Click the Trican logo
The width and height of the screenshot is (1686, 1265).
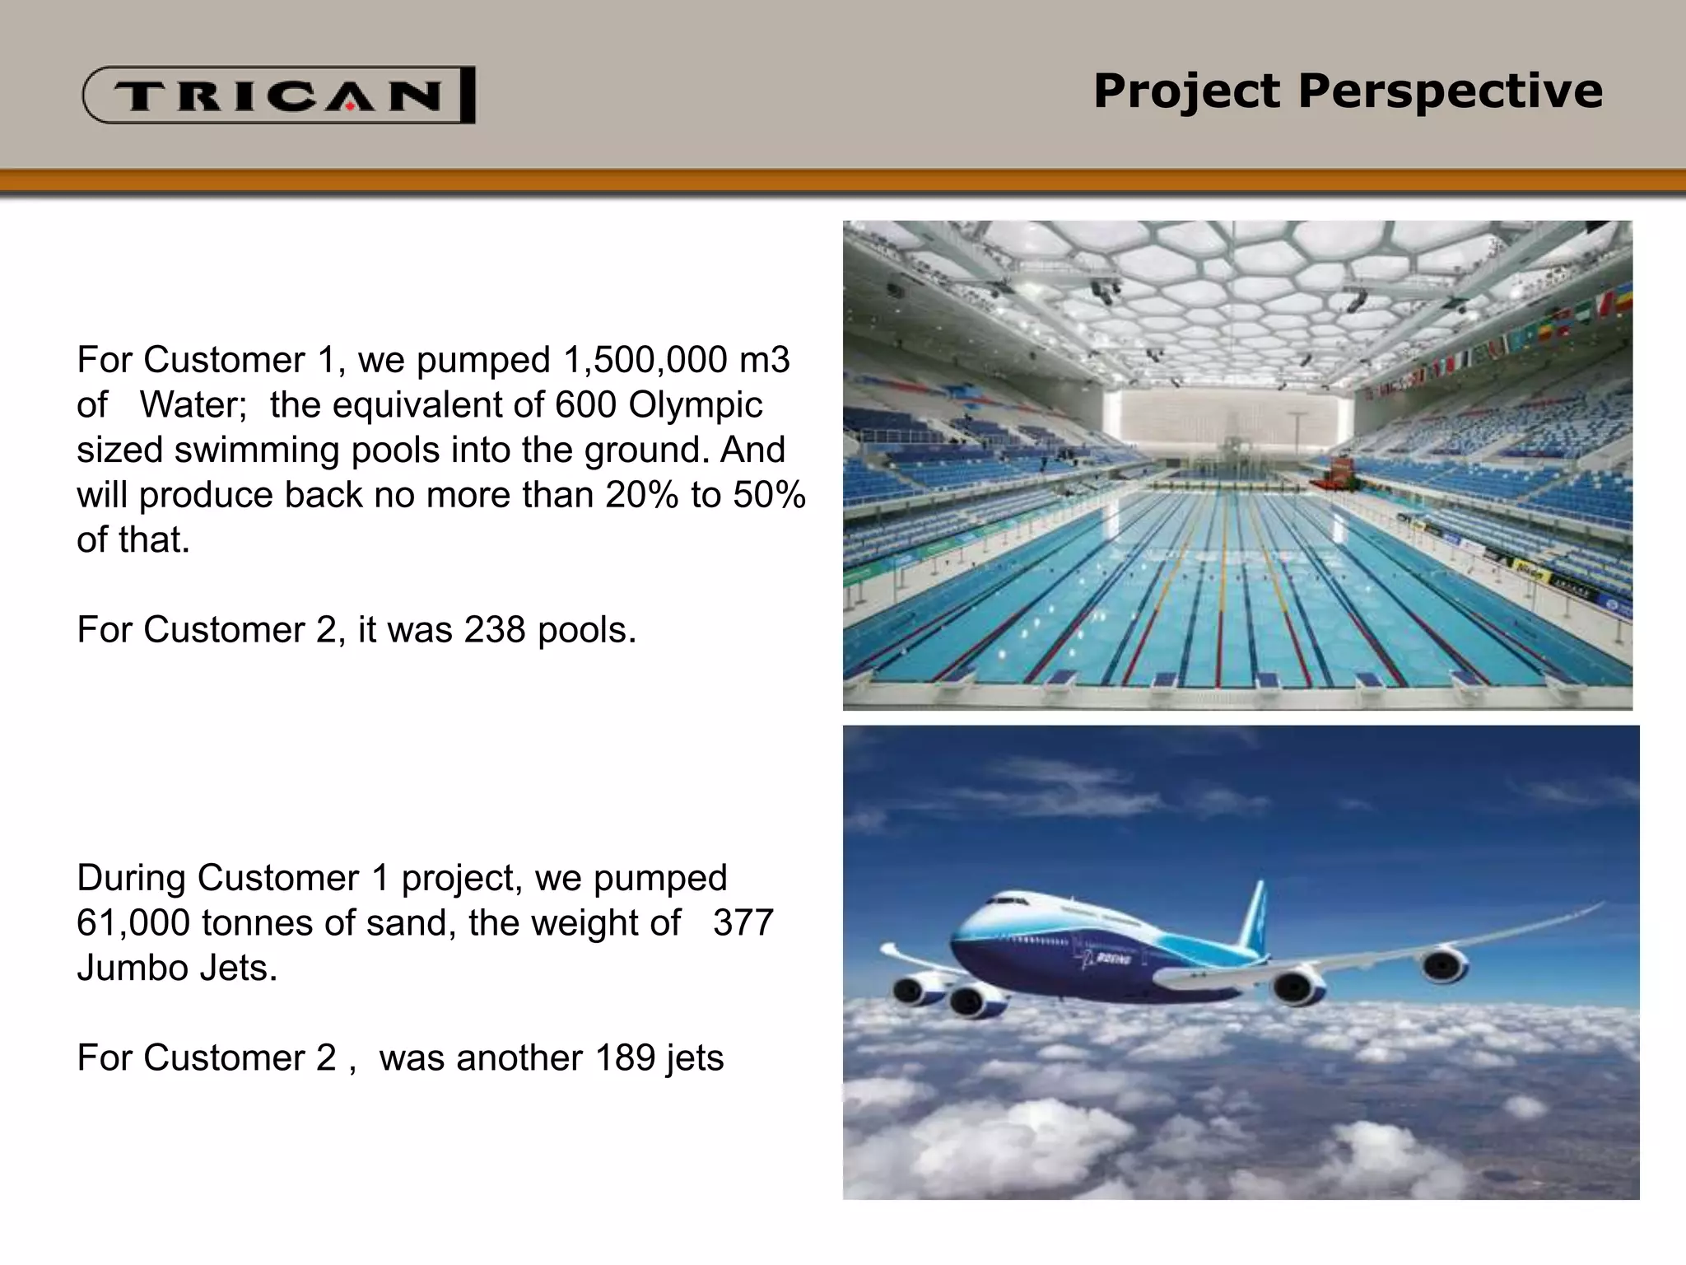pos(278,96)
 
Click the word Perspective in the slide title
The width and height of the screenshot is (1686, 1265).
pos(1450,91)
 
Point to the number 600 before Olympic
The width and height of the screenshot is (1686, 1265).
pos(585,404)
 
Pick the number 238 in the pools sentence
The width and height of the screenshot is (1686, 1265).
pos(494,630)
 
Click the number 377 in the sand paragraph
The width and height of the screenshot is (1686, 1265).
pos(743,923)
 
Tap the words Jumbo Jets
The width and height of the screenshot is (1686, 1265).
pos(177,969)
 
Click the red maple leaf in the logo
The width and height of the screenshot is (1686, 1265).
pos(349,105)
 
